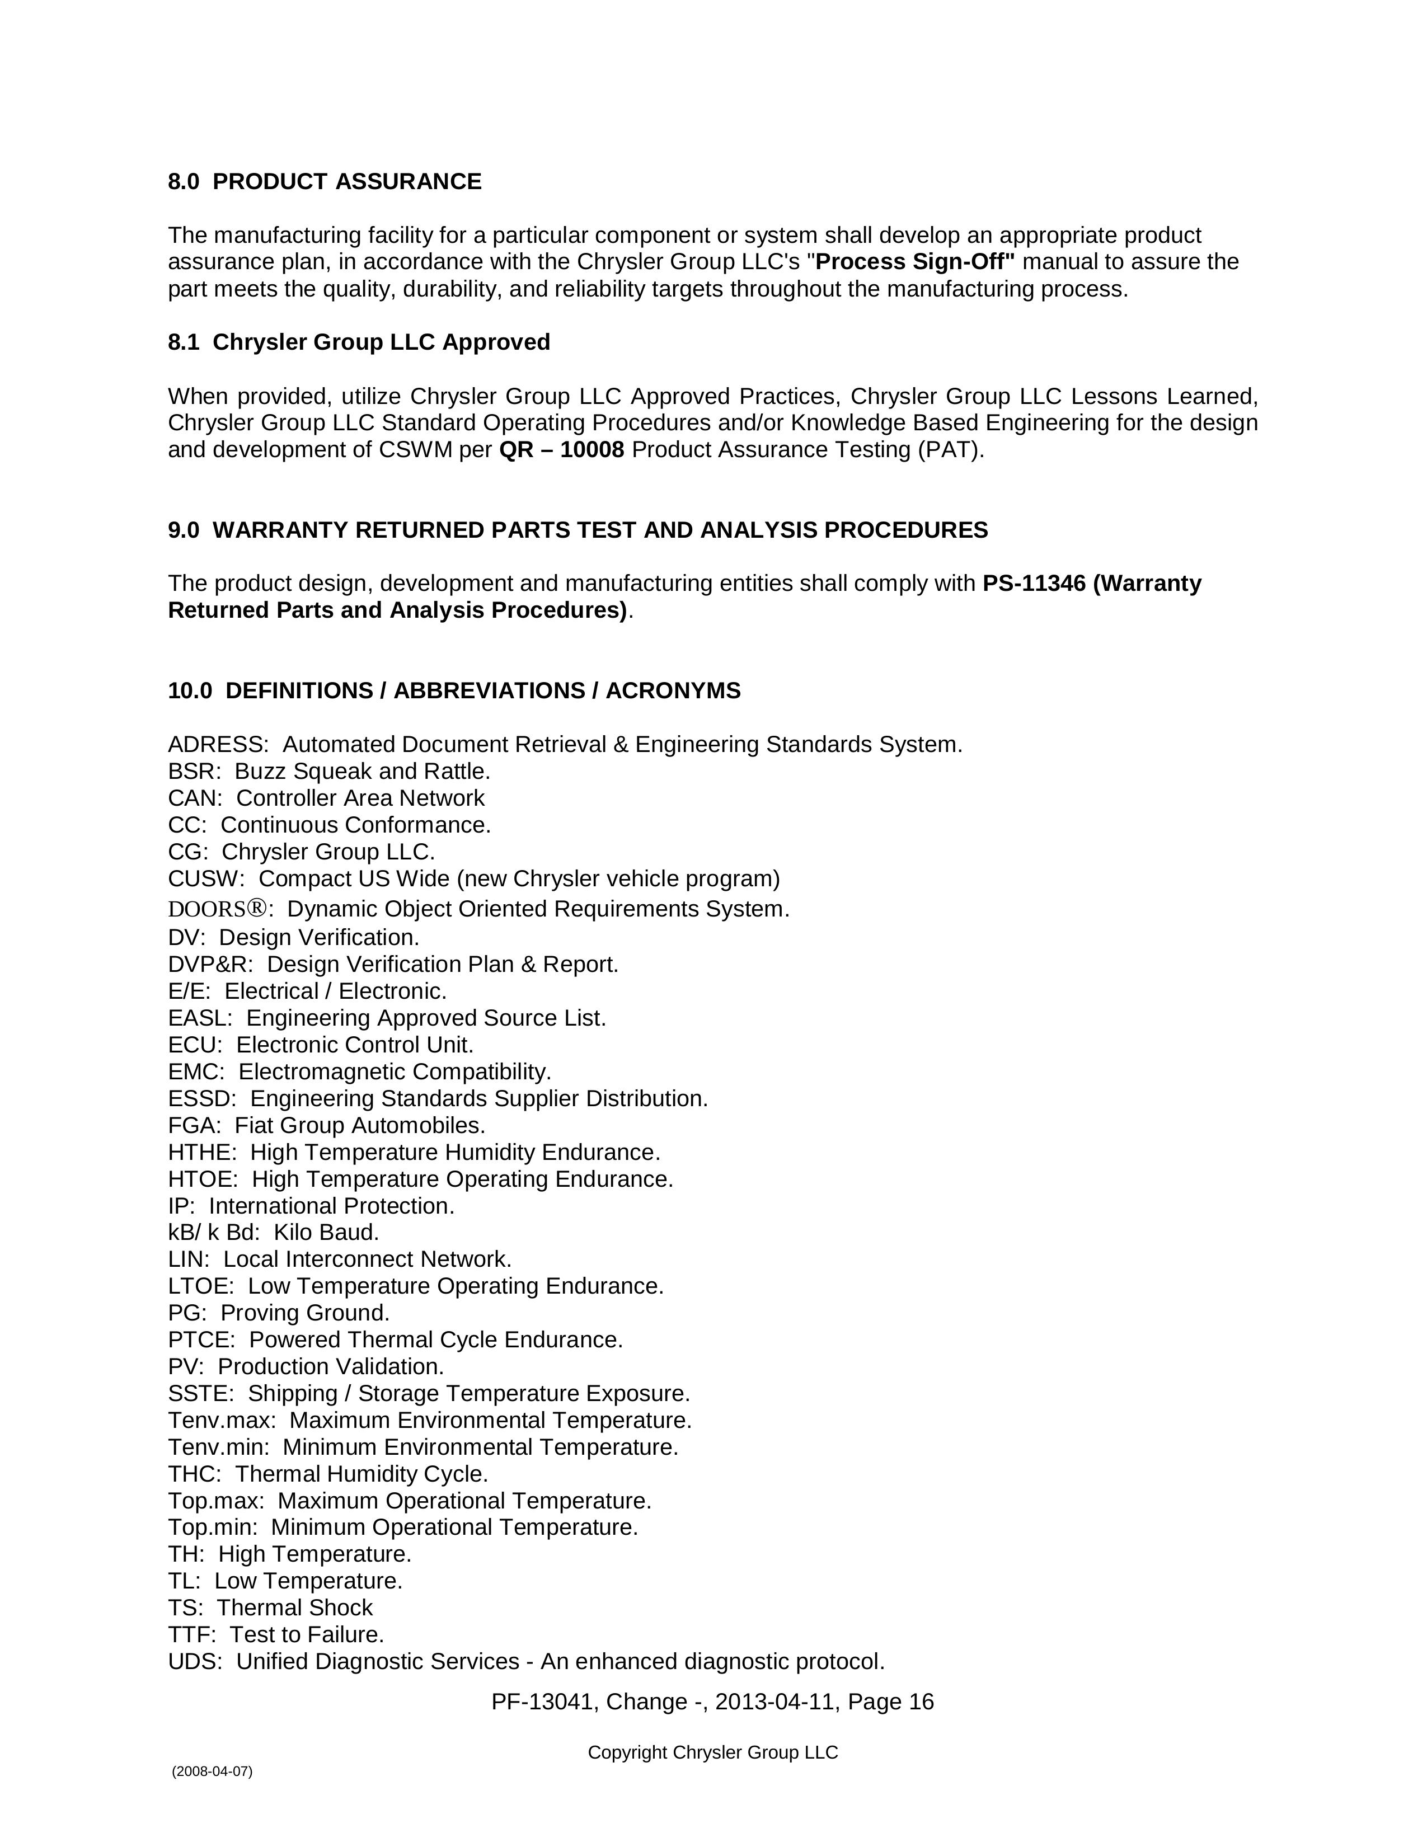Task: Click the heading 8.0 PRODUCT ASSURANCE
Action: (x=325, y=182)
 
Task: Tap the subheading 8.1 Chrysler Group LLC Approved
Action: (x=359, y=342)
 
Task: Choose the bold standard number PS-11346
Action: (x=1034, y=584)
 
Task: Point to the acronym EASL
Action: (x=199, y=1018)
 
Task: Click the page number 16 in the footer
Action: (x=921, y=1702)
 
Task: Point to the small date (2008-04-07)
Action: (x=212, y=1771)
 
